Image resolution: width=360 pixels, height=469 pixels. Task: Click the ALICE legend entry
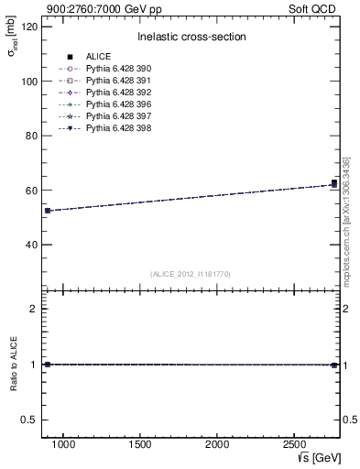(x=98, y=57)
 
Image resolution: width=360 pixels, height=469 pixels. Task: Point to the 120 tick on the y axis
(x=31, y=27)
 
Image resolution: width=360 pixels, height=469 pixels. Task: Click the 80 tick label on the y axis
(x=31, y=136)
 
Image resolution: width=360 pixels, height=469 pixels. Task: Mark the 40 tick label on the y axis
(x=31, y=245)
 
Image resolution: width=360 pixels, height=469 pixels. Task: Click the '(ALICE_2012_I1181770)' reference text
(x=191, y=274)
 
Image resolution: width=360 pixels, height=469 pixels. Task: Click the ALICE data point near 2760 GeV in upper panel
(x=334, y=183)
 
